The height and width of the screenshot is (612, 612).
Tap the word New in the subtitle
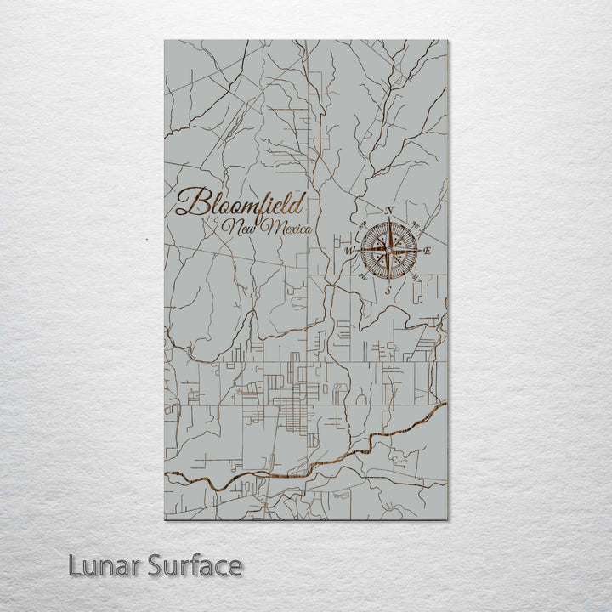click(x=239, y=227)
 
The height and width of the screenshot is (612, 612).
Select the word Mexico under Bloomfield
click(x=286, y=228)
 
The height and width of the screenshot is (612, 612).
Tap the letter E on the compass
click(x=428, y=251)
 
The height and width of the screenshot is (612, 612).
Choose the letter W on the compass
click(x=348, y=252)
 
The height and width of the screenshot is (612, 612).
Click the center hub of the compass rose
click(x=388, y=251)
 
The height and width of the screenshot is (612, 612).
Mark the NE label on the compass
click(x=416, y=225)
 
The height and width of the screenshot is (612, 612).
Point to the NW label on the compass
click(x=362, y=225)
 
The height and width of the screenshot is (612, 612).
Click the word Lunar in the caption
click(x=101, y=566)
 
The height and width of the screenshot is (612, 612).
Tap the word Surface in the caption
click(x=195, y=566)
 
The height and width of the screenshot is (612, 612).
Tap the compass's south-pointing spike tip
click(x=388, y=281)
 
